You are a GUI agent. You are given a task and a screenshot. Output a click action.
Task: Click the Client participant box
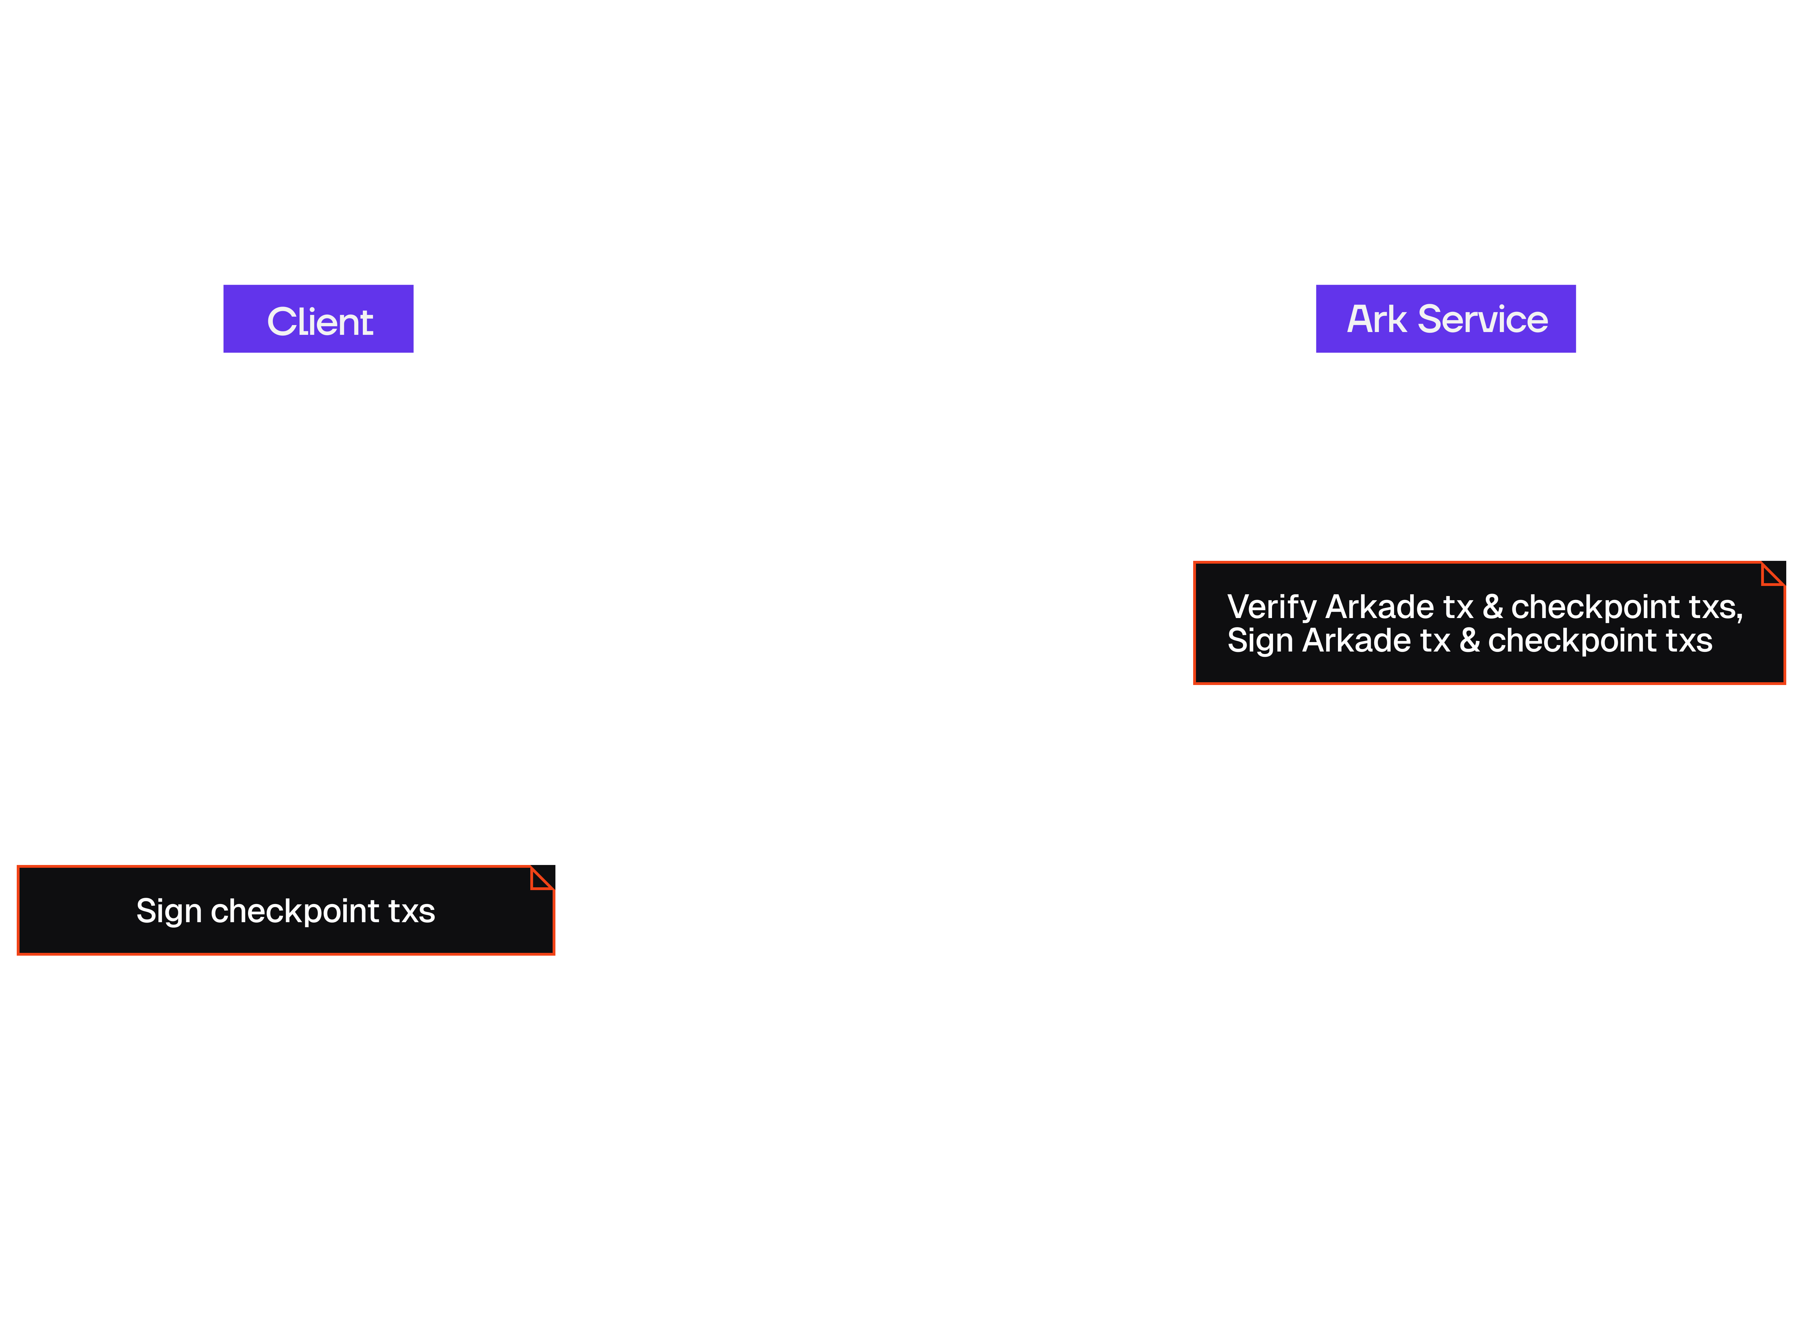pyautogui.click(x=320, y=321)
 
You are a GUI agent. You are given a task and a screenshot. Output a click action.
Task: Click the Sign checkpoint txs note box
pyautogui.click(x=285, y=910)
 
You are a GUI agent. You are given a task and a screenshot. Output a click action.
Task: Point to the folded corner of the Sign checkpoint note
pyautogui.click(x=542, y=878)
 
